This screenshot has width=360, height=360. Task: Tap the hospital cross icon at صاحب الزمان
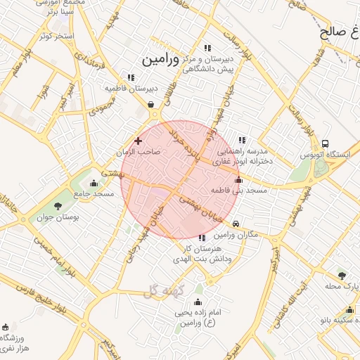[x=138, y=141]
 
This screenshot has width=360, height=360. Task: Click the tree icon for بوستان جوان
[x=58, y=206]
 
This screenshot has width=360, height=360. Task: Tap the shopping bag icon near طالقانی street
[x=151, y=105]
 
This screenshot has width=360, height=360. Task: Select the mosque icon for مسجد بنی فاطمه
[x=238, y=179]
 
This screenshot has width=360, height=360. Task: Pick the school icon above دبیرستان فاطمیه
[x=130, y=77]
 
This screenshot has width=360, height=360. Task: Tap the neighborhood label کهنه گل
[x=164, y=290]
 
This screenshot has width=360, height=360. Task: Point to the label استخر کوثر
[x=57, y=35]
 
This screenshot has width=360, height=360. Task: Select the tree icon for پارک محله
[x=342, y=276]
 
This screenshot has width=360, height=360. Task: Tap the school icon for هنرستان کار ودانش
[x=202, y=238]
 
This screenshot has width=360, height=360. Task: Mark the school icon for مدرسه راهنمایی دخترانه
[x=242, y=140]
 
